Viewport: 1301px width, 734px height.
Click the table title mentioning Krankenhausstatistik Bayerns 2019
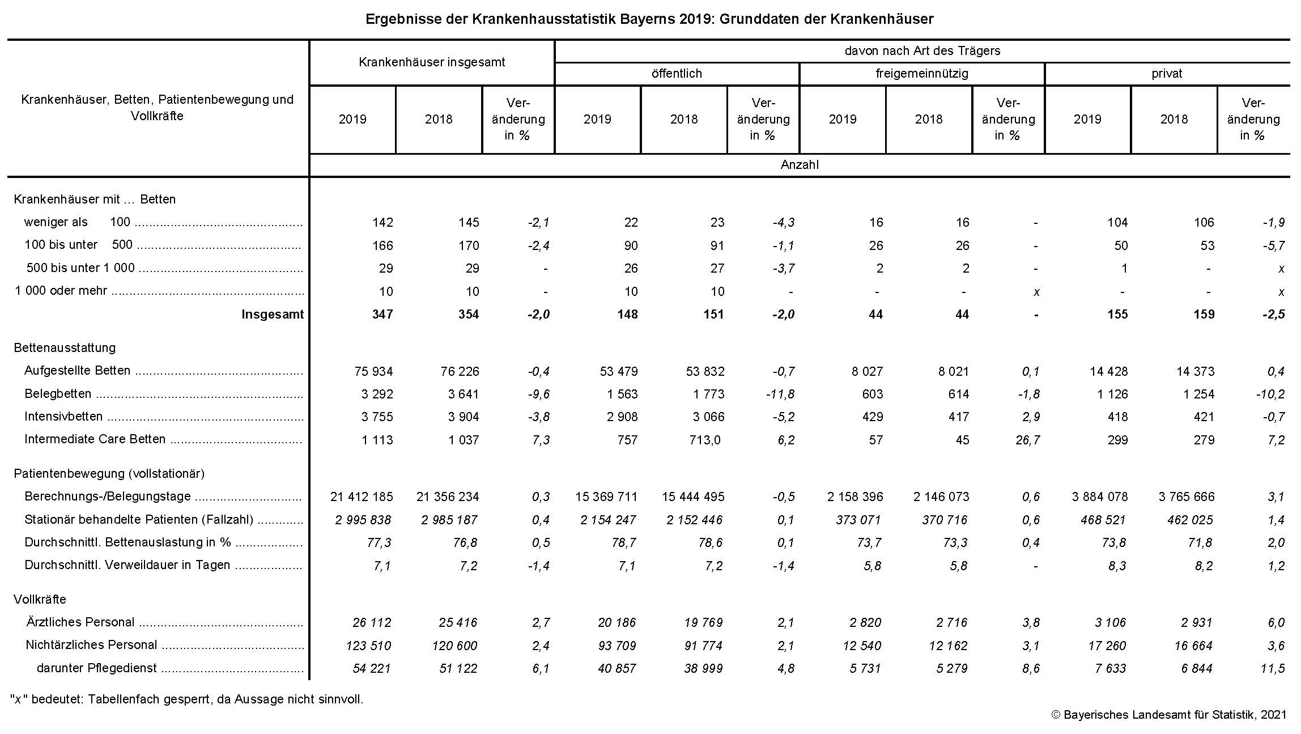[649, 19]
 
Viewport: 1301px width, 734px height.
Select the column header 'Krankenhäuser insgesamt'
[432, 62]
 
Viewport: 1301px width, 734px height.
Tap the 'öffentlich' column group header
[677, 74]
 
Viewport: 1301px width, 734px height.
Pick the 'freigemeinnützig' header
[921, 74]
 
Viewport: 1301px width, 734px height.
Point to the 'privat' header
[1167, 74]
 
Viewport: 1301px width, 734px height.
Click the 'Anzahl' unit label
[800, 165]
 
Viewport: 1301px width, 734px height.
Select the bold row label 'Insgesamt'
[273, 315]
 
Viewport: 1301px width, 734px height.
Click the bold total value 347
[382, 315]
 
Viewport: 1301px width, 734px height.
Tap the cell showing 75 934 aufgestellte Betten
[373, 371]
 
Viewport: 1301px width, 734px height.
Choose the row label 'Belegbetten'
[58, 394]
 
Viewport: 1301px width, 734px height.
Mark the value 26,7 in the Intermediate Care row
[1027, 440]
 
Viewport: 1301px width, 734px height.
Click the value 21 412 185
[362, 497]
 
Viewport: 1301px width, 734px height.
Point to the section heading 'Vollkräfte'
[40, 600]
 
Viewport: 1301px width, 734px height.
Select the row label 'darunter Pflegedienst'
[96, 668]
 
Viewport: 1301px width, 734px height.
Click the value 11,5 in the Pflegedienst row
[1273, 669]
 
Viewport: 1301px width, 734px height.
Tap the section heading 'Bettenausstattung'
[65, 348]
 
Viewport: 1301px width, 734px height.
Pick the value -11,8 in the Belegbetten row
[780, 394]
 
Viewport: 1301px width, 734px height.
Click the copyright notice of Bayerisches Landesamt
[1169, 715]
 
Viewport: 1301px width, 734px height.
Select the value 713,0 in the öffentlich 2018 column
[704, 440]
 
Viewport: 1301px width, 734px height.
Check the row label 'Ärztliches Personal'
[80, 622]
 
